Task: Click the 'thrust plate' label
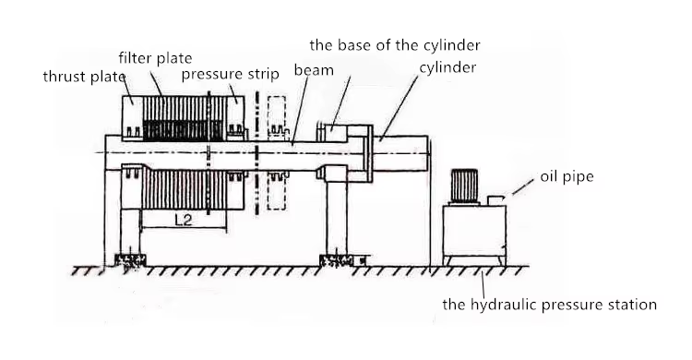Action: (x=84, y=77)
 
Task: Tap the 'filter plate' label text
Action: (x=155, y=58)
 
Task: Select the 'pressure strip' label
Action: (x=231, y=74)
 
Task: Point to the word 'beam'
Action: (x=314, y=70)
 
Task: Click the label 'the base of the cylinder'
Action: (x=395, y=44)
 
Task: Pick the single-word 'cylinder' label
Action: (x=447, y=67)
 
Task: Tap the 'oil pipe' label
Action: (x=567, y=176)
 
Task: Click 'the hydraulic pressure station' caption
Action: (x=550, y=305)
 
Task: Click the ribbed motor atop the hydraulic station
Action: (x=464, y=186)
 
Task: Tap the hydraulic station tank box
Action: (x=474, y=231)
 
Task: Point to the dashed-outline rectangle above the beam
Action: (x=276, y=115)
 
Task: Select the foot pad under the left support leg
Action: (x=130, y=260)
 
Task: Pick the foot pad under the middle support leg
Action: (x=337, y=260)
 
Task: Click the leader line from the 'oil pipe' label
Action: (x=523, y=186)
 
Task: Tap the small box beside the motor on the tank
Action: (x=495, y=200)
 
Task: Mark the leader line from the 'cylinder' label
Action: (x=399, y=107)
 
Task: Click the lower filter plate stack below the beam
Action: (x=184, y=189)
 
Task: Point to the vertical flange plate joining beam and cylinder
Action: (x=369, y=153)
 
